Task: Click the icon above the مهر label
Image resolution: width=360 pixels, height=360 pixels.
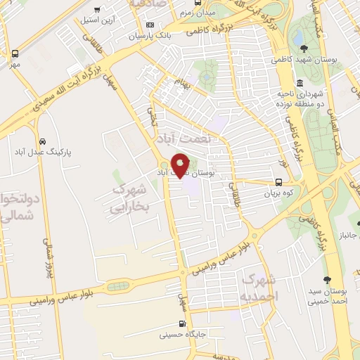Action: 15,53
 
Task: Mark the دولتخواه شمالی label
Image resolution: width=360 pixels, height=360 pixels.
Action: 15,208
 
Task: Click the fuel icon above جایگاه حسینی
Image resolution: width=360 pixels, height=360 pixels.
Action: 183,325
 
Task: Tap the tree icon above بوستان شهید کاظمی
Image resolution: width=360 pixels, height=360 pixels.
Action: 303,49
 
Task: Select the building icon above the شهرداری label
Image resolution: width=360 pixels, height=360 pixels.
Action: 300,83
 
